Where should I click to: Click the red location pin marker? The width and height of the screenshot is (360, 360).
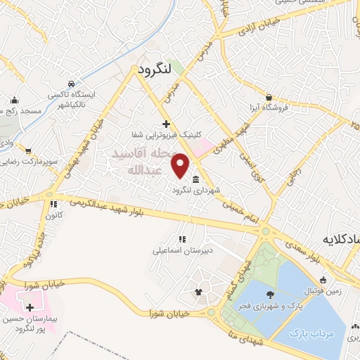coord(181,165)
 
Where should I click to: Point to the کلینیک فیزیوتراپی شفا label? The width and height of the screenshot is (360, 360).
coord(172,134)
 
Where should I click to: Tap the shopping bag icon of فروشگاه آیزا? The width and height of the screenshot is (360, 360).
coord(269,97)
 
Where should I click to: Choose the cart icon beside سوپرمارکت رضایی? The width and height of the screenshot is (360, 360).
coord(28,150)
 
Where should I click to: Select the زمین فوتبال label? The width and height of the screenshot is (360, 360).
coord(320,290)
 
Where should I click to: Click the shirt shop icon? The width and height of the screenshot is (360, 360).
coord(198,292)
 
